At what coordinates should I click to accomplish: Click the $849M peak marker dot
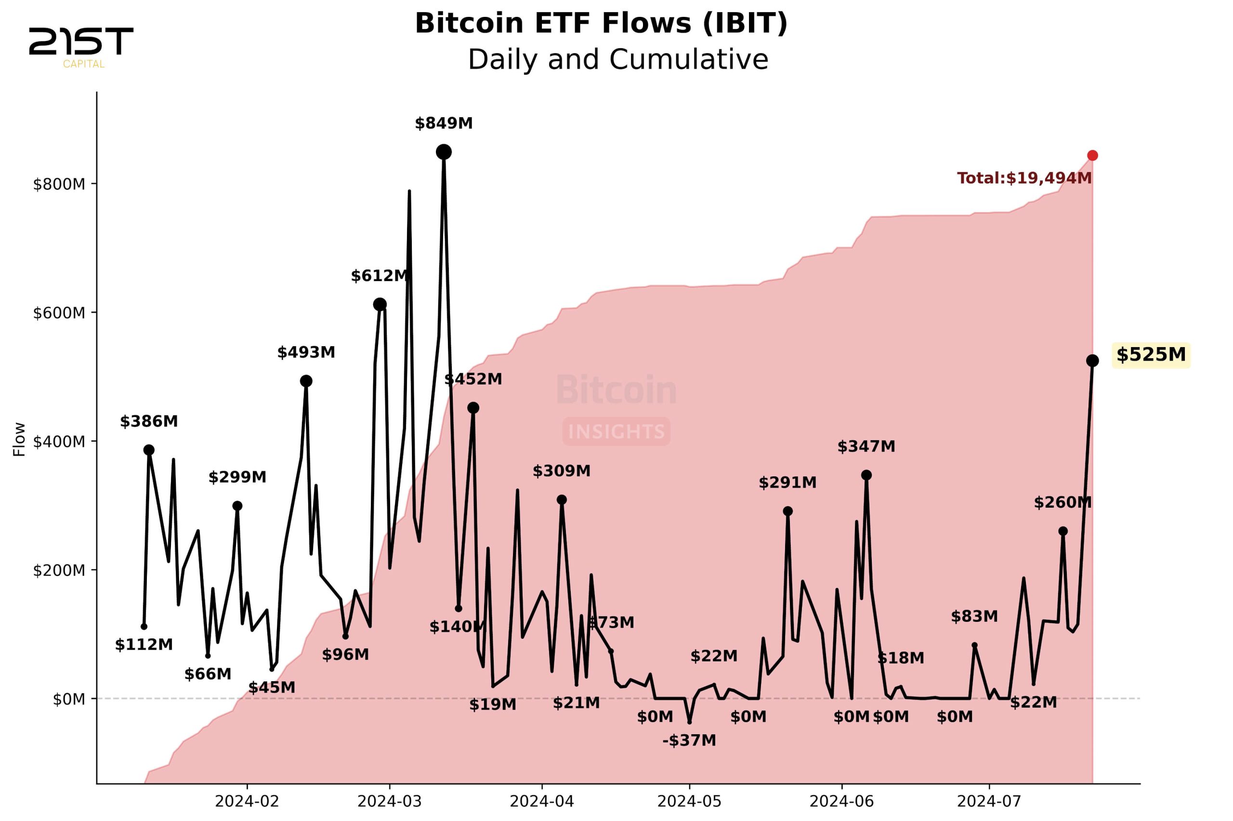click(x=444, y=152)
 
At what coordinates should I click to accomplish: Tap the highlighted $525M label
click(x=1150, y=355)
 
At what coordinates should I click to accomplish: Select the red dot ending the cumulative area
click(x=1092, y=156)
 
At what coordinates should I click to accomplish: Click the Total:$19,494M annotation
click(x=1024, y=178)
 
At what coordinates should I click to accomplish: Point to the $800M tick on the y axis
click(x=59, y=184)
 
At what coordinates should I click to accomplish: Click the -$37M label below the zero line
click(x=689, y=740)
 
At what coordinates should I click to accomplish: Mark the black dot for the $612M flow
click(x=380, y=304)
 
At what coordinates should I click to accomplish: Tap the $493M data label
click(x=306, y=352)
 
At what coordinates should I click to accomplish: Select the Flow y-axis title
click(x=19, y=439)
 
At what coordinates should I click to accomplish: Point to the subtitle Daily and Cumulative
click(x=618, y=59)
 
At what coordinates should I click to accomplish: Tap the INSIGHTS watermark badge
click(x=616, y=431)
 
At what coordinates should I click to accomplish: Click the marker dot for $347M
click(x=866, y=475)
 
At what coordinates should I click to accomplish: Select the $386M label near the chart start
click(x=149, y=421)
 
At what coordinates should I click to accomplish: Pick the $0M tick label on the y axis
click(x=68, y=700)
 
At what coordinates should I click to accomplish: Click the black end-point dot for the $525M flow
click(x=1092, y=361)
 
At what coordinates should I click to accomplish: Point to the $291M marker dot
click(x=787, y=511)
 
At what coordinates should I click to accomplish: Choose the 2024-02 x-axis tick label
click(x=247, y=802)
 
